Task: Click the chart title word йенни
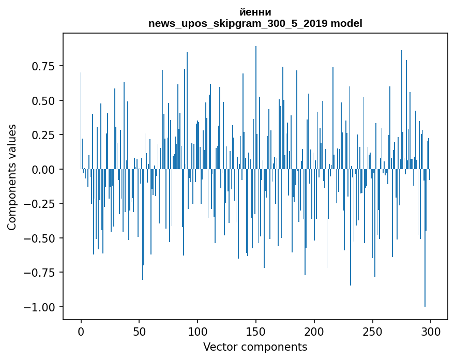coord(255,12)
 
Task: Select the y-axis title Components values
coord(12,177)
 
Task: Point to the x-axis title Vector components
coord(255,347)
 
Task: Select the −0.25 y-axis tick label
coord(41,204)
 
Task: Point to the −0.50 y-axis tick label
coord(41,238)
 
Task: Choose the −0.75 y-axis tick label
coord(41,273)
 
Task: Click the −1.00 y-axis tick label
coord(41,307)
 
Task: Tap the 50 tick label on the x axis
coord(139,332)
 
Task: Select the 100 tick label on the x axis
coord(198,332)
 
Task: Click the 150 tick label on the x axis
coord(255,332)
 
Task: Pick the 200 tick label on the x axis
coord(314,332)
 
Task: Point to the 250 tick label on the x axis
coord(372,332)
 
